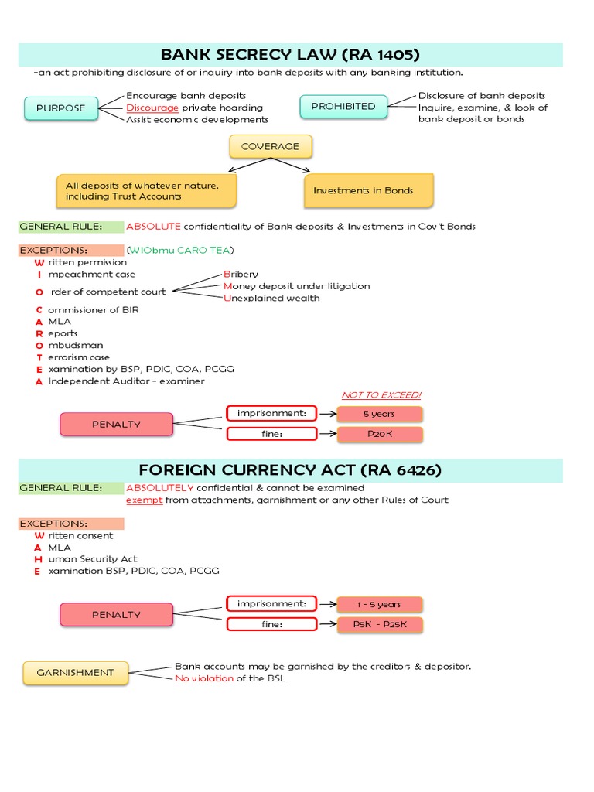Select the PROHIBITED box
(343, 107)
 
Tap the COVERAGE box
(269, 146)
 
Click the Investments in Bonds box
(368, 190)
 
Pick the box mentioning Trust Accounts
(146, 190)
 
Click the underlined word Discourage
(152, 108)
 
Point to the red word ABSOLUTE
(153, 227)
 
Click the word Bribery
(241, 274)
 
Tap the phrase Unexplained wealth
(271, 298)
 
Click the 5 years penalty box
(379, 414)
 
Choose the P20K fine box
(379, 434)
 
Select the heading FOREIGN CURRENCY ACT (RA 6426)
(290, 470)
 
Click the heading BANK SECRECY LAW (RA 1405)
(290, 54)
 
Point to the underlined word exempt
(145, 500)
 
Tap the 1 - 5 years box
(379, 604)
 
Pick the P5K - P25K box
(379, 624)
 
